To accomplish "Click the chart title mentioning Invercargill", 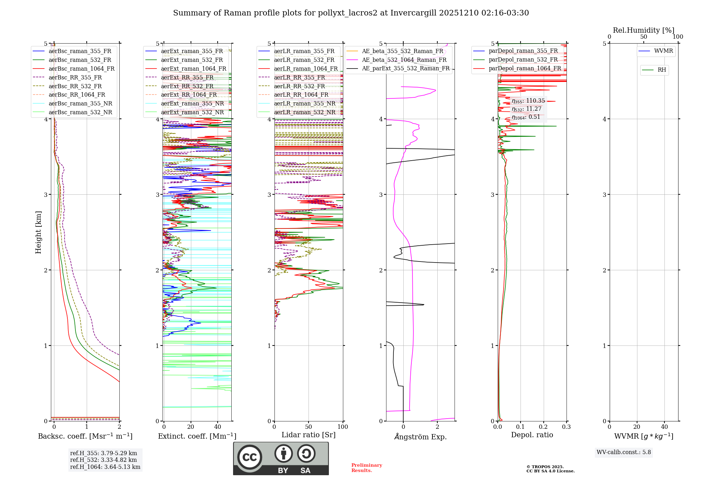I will (x=351, y=13).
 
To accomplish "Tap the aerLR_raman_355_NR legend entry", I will (x=305, y=103).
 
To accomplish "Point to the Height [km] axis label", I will (x=39, y=232).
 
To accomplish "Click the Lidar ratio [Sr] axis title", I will (x=308, y=435).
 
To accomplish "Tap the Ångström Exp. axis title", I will (x=420, y=437).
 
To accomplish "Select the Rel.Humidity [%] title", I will (x=643, y=30).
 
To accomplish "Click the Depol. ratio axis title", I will (x=532, y=435).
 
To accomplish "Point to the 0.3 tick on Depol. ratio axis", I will (x=566, y=427).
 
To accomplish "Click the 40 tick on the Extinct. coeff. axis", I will (x=218, y=427).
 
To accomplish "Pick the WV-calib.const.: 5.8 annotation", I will (x=624, y=452).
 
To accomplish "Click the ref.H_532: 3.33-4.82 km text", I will (x=103, y=460).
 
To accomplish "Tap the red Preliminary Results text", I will (x=366, y=468).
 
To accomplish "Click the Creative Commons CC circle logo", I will (x=250, y=457).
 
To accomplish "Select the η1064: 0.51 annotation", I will (x=526, y=117).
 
